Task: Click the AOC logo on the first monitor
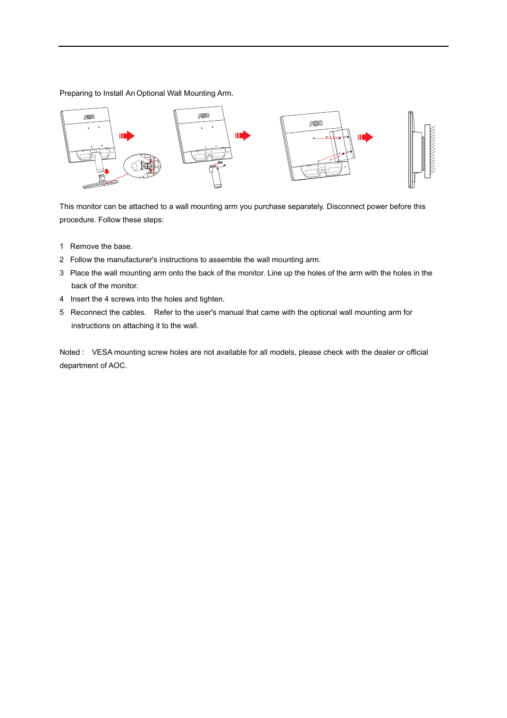pyautogui.click(x=89, y=116)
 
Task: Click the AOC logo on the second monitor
pyautogui.click(x=204, y=115)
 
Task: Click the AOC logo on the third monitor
pyautogui.click(x=316, y=123)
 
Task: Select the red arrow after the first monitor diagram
pyautogui.click(x=127, y=136)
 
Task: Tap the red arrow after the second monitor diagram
pyautogui.click(x=243, y=136)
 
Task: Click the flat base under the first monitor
pyautogui.click(x=100, y=184)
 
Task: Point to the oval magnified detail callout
pyautogui.click(x=142, y=166)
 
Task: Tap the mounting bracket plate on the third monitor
pyautogui.click(x=342, y=144)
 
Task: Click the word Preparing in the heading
pyautogui.click(x=76, y=93)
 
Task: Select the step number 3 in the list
pyautogui.click(x=62, y=273)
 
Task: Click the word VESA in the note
pyautogui.click(x=102, y=352)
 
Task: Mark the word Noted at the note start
pyautogui.click(x=70, y=352)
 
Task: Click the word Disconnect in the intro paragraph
pyautogui.click(x=346, y=206)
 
